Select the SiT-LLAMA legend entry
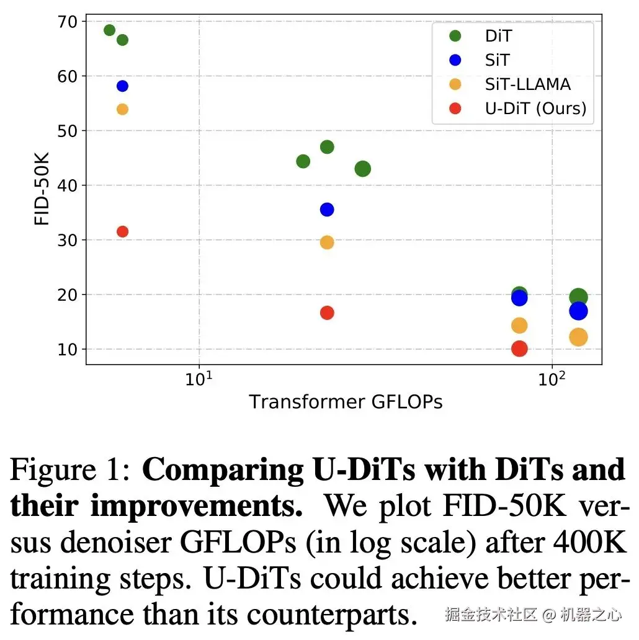point(527,84)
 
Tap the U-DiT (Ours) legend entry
point(535,108)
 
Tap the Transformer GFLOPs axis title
point(346,402)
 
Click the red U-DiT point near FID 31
point(122,231)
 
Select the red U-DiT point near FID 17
point(327,313)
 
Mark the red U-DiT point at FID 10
point(519,349)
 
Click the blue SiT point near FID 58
point(122,86)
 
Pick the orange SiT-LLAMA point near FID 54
point(122,109)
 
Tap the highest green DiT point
point(109,30)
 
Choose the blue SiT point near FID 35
point(327,210)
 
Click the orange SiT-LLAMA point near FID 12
point(578,337)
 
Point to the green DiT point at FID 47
point(327,147)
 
